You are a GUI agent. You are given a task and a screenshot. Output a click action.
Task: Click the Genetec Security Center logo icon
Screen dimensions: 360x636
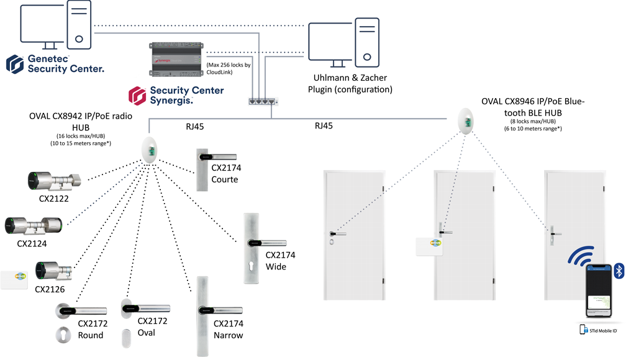pyautogui.click(x=15, y=64)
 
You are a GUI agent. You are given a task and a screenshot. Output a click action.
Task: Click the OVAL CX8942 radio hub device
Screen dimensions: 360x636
pyautogui.click(x=149, y=150)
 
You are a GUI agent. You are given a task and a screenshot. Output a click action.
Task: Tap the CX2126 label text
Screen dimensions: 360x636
pyautogui.click(x=50, y=289)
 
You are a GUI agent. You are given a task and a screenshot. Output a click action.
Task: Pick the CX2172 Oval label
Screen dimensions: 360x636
pyautogui.click(x=152, y=326)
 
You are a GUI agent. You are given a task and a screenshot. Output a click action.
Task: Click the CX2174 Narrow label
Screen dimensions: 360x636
pyautogui.click(x=228, y=329)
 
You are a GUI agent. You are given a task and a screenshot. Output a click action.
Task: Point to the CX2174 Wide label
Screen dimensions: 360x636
pyautogui.click(x=280, y=261)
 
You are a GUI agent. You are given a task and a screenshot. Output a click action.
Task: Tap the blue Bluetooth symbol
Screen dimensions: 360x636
pyautogui.click(x=619, y=271)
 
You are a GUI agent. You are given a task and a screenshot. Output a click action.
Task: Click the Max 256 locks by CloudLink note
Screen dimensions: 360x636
pyautogui.click(x=228, y=68)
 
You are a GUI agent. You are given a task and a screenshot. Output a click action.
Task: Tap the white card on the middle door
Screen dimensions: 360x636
pyautogui.click(x=429, y=247)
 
